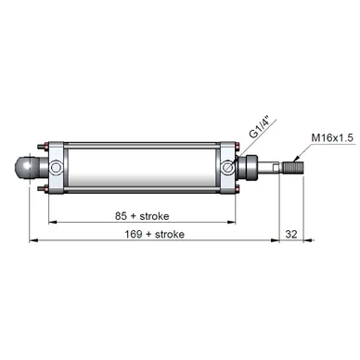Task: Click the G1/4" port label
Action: pyautogui.click(x=260, y=127)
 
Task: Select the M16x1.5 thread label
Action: pyautogui.click(x=332, y=138)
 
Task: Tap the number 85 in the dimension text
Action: pyautogui.click(x=121, y=216)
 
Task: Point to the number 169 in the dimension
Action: pyautogui.click(x=134, y=234)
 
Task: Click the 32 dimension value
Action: pyautogui.click(x=291, y=234)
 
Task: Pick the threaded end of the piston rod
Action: pyautogui.click(x=293, y=168)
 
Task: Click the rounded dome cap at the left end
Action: pyautogui.click(x=26, y=167)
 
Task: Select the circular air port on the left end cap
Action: pyautogui.click(x=57, y=168)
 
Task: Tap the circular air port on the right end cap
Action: pyautogui.click(x=228, y=167)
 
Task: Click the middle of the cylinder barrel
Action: pyautogui.click(x=142, y=167)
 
